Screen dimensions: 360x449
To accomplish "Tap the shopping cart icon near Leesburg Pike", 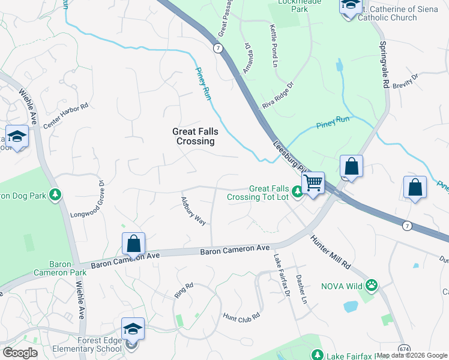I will click(313, 182).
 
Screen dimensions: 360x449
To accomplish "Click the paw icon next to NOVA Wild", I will click(372, 286).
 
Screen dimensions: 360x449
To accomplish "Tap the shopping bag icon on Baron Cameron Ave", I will click(134, 244).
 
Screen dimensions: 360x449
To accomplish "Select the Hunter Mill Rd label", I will click(330, 251).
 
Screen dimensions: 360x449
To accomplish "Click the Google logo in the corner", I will click(20, 353).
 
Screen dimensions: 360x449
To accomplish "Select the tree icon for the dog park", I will click(55, 194).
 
